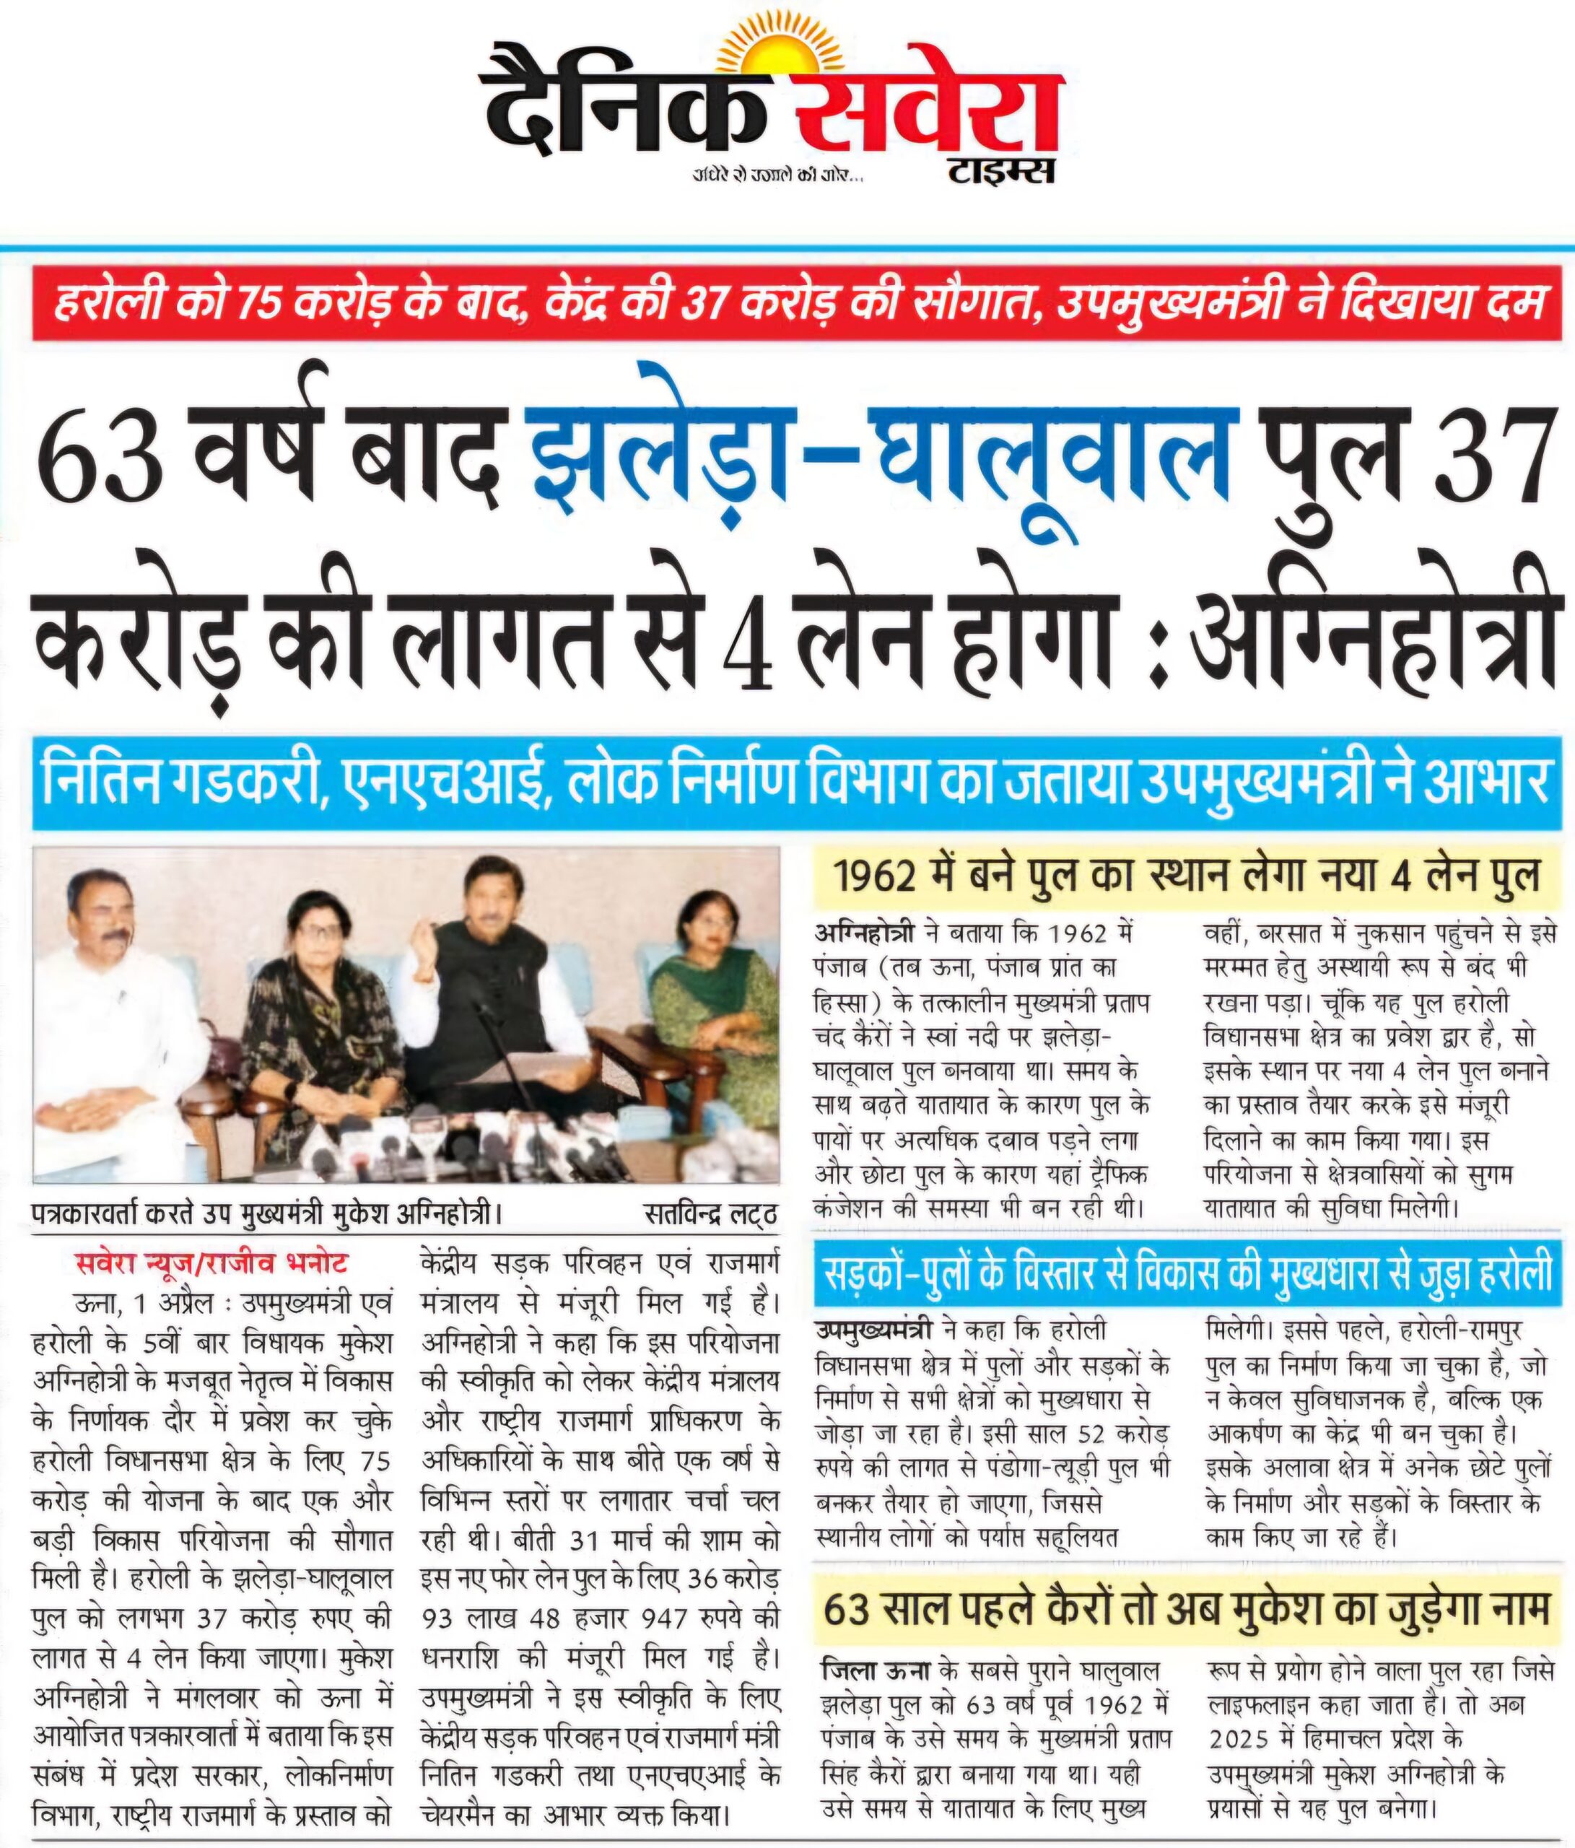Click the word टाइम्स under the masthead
click(1000, 170)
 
